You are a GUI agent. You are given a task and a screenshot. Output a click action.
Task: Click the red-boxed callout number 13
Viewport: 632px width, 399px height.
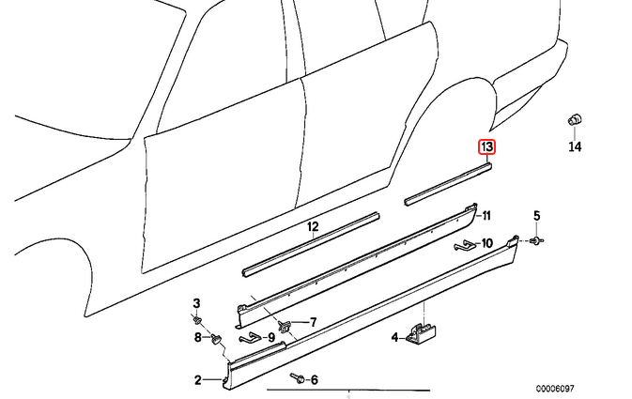(x=486, y=146)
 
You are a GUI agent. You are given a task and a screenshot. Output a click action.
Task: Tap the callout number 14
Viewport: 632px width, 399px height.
(x=575, y=146)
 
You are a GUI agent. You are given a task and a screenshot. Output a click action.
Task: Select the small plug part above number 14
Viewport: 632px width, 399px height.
(x=575, y=120)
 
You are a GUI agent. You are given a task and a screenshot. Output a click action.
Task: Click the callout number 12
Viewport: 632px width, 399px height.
(x=313, y=226)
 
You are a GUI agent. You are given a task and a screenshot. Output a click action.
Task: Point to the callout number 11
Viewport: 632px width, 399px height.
(x=486, y=216)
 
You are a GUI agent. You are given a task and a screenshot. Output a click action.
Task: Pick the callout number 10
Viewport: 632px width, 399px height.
(x=486, y=243)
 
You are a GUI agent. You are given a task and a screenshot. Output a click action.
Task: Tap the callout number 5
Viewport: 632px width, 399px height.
(x=536, y=216)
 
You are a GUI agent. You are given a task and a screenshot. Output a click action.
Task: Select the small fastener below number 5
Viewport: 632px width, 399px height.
(x=537, y=240)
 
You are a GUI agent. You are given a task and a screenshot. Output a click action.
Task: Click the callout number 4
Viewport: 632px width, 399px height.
(x=394, y=337)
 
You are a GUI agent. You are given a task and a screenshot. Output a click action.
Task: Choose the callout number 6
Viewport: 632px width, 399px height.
(x=314, y=379)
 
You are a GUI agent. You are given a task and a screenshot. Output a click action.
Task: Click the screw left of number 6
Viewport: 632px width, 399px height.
(x=298, y=378)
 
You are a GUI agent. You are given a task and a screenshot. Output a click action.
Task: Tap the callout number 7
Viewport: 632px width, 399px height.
(x=313, y=322)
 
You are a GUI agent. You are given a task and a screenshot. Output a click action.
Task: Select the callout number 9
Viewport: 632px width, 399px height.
(x=270, y=337)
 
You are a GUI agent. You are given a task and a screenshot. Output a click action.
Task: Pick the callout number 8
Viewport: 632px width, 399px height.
(x=197, y=337)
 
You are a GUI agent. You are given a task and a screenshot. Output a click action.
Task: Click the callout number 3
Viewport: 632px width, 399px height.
(x=196, y=303)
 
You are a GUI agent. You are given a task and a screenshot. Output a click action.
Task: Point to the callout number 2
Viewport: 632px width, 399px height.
(x=197, y=379)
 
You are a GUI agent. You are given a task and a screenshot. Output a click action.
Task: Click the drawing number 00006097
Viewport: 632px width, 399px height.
(x=555, y=389)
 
